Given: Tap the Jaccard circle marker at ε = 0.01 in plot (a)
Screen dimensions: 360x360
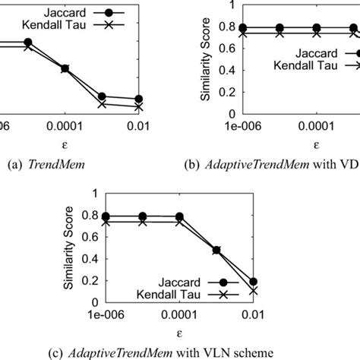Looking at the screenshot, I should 138,99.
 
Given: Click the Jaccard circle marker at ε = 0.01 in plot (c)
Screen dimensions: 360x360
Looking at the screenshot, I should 274,281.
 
